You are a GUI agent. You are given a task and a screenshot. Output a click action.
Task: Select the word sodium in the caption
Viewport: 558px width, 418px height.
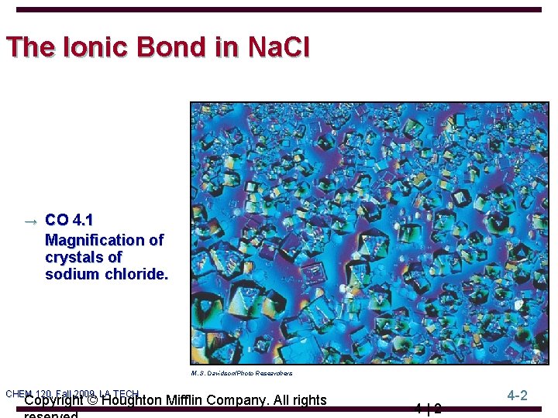(72, 274)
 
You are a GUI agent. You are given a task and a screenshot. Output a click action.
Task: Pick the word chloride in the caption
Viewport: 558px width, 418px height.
(133, 274)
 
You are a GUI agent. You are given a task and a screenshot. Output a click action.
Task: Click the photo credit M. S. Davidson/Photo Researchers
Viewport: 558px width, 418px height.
(241, 373)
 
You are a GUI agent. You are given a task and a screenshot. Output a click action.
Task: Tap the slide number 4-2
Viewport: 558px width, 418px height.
(518, 396)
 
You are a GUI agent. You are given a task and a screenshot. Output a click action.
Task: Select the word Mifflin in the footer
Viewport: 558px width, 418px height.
(197, 400)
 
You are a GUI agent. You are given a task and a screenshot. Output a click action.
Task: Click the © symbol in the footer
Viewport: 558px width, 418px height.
(91, 400)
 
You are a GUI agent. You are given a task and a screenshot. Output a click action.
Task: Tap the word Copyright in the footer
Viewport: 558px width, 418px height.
(53, 400)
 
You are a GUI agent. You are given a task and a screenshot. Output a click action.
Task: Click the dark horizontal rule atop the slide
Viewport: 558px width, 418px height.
(279, 10)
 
